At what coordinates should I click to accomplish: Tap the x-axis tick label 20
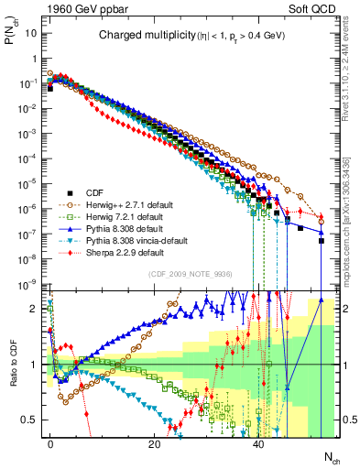tap(155, 443)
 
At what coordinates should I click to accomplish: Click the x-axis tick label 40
tap(259, 443)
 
